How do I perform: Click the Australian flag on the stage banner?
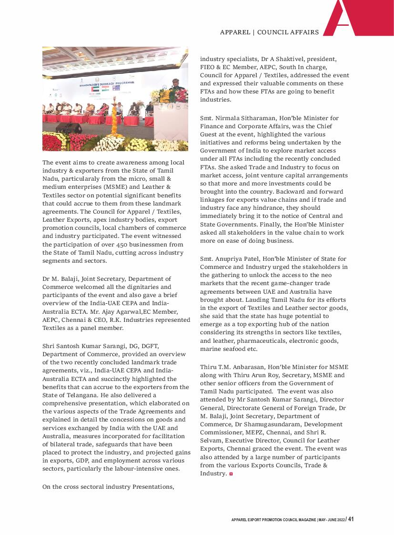(x=116, y=88)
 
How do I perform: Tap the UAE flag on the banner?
(x=96, y=89)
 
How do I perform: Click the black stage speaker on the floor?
(x=69, y=128)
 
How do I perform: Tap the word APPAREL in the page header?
(x=235, y=32)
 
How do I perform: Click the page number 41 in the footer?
(x=351, y=519)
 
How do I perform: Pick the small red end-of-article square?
(x=231, y=473)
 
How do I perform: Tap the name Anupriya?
(x=238, y=259)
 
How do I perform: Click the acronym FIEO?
(x=208, y=67)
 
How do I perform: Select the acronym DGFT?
(x=149, y=346)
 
